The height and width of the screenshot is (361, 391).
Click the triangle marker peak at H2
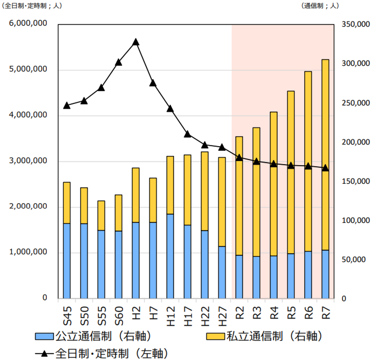click(136, 42)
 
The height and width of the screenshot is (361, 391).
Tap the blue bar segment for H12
click(170, 256)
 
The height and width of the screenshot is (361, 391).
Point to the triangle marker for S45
click(67, 106)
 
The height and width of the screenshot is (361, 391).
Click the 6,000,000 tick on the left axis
click(28, 23)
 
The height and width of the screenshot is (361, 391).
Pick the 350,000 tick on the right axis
click(356, 24)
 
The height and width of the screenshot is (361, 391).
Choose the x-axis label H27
click(222, 316)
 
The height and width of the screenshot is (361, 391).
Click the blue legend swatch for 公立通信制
click(44, 337)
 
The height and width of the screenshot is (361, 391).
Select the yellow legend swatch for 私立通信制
click(215, 337)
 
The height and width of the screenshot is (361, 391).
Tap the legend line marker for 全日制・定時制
click(44, 354)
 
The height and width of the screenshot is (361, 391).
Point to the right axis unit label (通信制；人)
click(320, 6)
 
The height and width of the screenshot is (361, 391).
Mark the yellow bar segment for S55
click(101, 216)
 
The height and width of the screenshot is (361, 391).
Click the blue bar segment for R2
click(239, 277)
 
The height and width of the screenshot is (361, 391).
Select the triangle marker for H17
click(187, 134)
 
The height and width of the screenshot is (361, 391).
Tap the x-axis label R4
click(274, 312)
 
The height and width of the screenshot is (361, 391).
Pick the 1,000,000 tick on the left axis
click(28, 252)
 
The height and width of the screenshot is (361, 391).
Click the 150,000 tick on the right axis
click(356, 181)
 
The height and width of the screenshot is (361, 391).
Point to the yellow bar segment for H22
click(205, 191)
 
